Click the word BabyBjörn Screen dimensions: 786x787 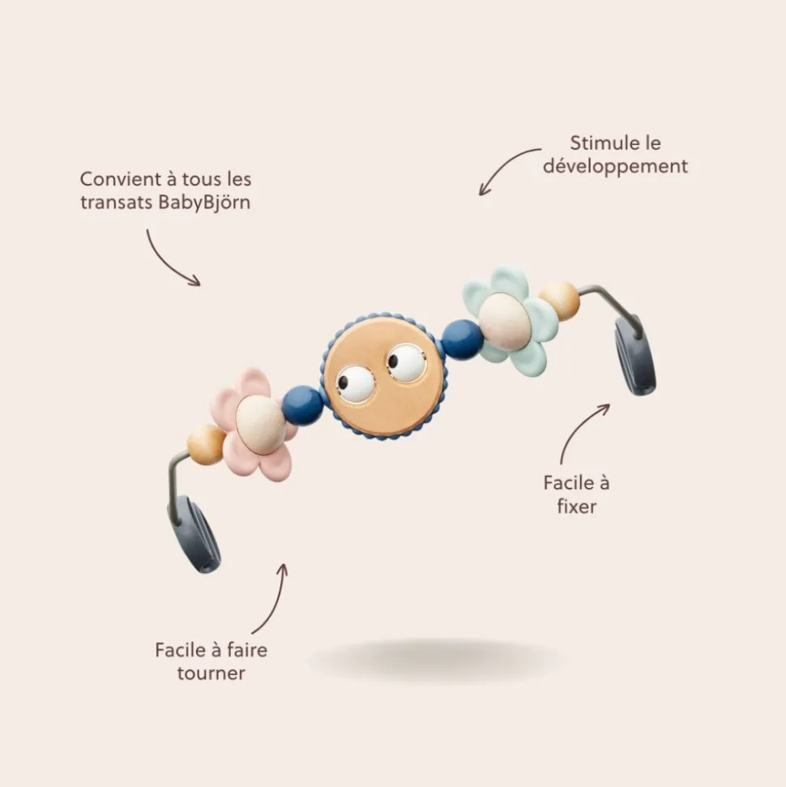pos(203,203)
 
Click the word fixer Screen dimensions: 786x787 pos(576,507)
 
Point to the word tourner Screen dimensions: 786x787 pos(211,673)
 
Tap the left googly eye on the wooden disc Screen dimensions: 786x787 pos(356,383)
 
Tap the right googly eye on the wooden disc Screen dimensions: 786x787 pos(406,361)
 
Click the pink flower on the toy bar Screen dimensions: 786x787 pos(256,425)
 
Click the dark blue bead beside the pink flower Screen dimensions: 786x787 pos(303,404)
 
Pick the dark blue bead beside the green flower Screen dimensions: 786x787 pos(462,339)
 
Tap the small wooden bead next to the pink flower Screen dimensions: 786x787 pos(206,444)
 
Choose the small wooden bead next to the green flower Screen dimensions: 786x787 pos(559,300)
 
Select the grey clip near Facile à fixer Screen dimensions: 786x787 pos(635,354)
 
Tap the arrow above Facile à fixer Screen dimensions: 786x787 pos(578,429)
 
